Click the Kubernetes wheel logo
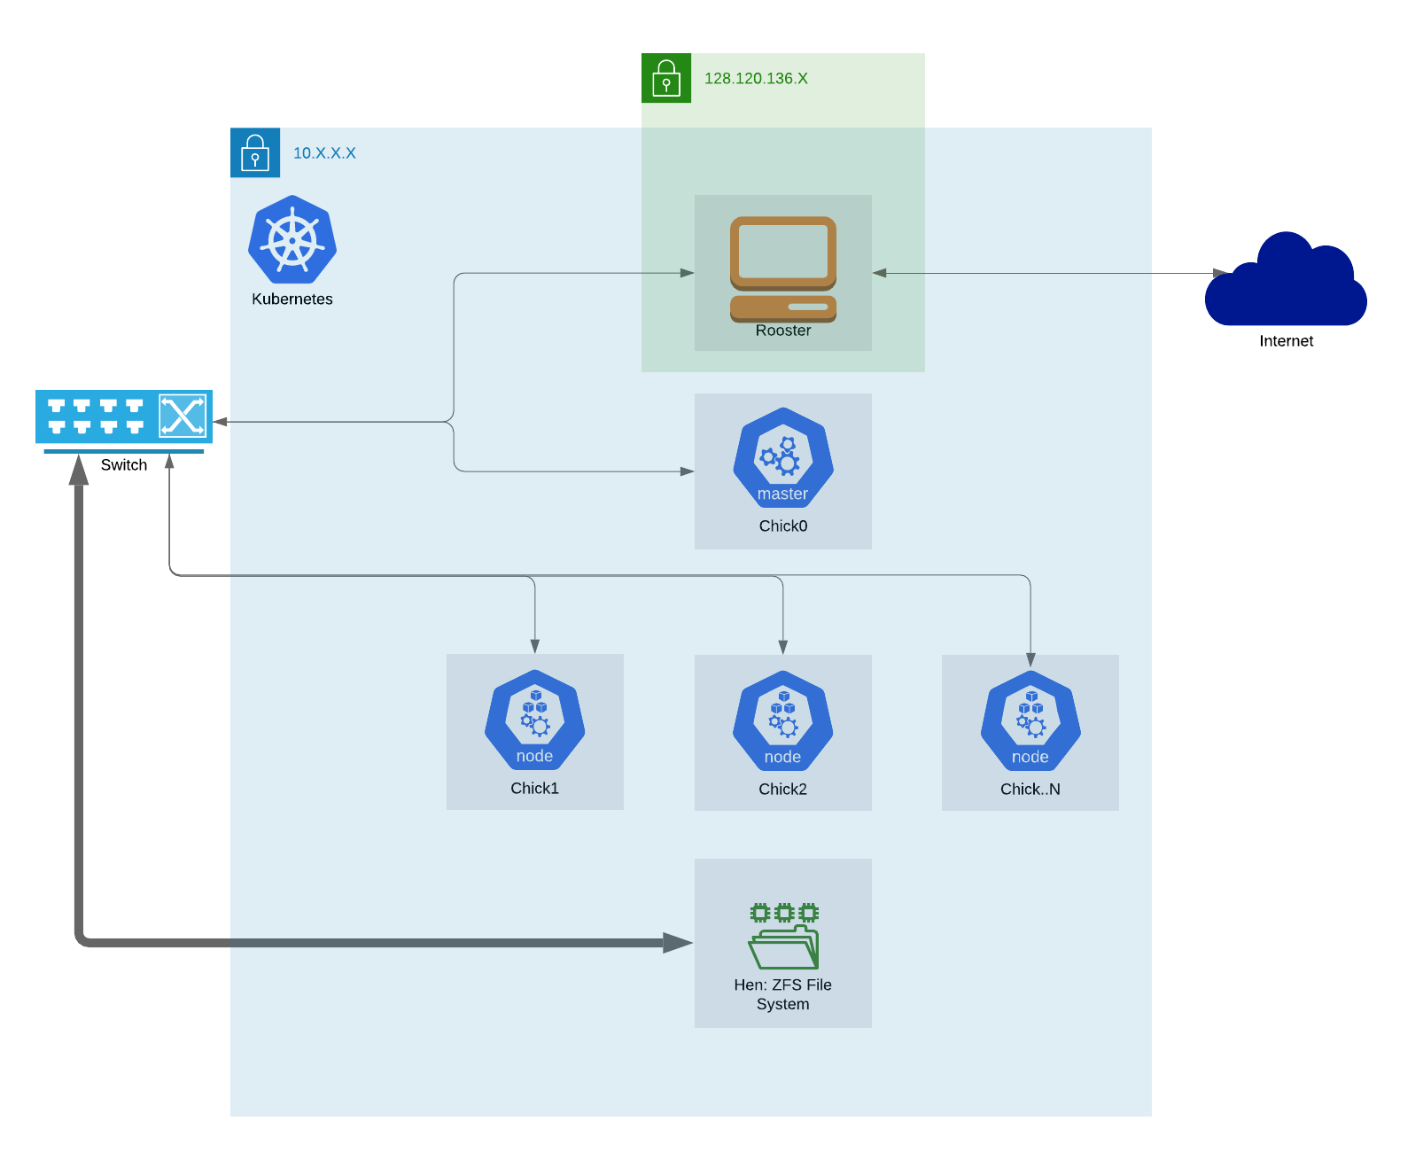click(x=292, y=240)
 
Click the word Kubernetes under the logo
click(x=292, y=300)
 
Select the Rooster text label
click(x=783, y=331)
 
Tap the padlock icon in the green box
click(x=666, y=79)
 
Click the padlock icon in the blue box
click(x=255, y=153)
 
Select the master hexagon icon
click(x=783, y=457)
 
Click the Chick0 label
click(x=783, y=526)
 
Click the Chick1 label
click(x=535, y=789)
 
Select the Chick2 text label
click(x=783, y=790)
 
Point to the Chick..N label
click(x=1030, y=790)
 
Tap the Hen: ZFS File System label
click(x=783, y=994)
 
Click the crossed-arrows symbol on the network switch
click(x=183, y=416)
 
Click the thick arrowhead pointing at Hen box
click(x=678, y=943)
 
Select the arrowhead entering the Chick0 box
click(x=687, y=471)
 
